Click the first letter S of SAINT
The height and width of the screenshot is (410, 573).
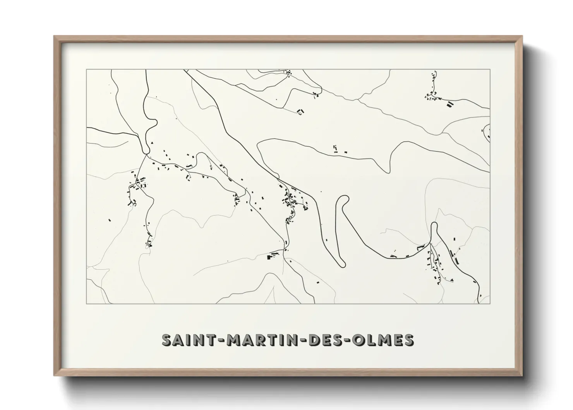(167, 340)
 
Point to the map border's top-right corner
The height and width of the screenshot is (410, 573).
(490, 69)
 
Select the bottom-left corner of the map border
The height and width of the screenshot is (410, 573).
(86, 303)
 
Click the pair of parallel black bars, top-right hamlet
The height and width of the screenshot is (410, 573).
(450, 104)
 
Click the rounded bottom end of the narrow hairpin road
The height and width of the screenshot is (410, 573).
(341, 264)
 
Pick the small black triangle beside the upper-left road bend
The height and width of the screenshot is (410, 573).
(152, 143)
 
